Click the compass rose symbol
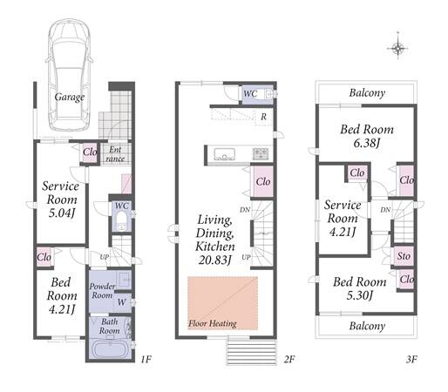pos(397,48)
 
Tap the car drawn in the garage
pos(70,75)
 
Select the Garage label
pos(70,97)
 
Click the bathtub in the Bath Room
pos(110,350)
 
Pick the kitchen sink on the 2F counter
pos(224,154)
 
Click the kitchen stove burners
pos(261,153)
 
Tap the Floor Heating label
pos(213,323)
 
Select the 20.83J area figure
pos(214,260)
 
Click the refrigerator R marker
pos(263,117)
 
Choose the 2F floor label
pos(289,360)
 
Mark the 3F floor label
pos(411,360)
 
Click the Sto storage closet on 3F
pos(404,256)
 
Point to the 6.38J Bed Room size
pos(367,143)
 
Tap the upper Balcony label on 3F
pos(367,93)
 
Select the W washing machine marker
pos(122,302)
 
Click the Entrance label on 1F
pos(115,154)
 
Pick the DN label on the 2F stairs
pos(245,209)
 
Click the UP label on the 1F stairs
pos(105,257)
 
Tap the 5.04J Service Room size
pos(62,213)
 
